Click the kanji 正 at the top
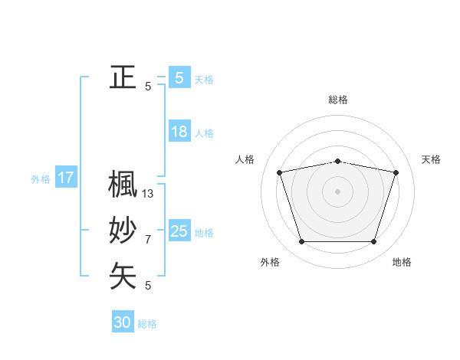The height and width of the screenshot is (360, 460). coord(123,77)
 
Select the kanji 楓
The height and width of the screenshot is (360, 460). coord(123,184)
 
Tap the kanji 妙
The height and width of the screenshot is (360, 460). coord(123,231)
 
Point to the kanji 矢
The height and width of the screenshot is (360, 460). coord(123,277)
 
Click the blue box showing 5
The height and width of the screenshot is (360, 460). coord(179,77)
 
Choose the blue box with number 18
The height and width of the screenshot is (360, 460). coord(179,132)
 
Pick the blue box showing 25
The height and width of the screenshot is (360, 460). coord(179,231)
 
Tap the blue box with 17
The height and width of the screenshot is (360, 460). coord(66,178)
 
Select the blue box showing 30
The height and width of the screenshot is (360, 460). coord(123,322)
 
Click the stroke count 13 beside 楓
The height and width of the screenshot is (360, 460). coord(148,194)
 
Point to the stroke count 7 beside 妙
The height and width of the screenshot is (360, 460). coord(148,240)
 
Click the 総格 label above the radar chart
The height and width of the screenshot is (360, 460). coord(338,100)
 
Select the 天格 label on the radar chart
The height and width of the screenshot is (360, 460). coord(431,159)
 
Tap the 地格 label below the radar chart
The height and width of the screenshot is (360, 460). coord(402,262)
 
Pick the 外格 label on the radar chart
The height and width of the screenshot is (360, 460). coord(270,262)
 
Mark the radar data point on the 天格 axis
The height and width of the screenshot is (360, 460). coord(396,172)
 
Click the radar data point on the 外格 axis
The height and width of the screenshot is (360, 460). coord(301,242)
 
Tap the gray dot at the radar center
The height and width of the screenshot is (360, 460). coord(337,191)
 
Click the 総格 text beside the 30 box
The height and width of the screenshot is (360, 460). coord(147,324)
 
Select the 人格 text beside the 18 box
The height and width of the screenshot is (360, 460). coord(204,133)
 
